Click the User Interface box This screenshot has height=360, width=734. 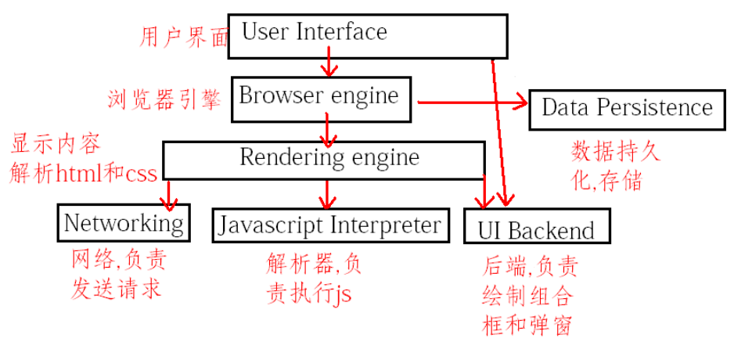(368, 35)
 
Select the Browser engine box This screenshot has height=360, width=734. (321, 98)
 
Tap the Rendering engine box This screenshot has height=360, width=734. (329, 159)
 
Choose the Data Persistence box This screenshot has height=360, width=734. (626, 108)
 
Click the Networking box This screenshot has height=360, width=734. (123, 223)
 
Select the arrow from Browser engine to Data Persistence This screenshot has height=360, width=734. (470, 102)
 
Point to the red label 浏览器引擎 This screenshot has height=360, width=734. (164, 99)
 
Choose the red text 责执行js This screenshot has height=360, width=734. (308, 293)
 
